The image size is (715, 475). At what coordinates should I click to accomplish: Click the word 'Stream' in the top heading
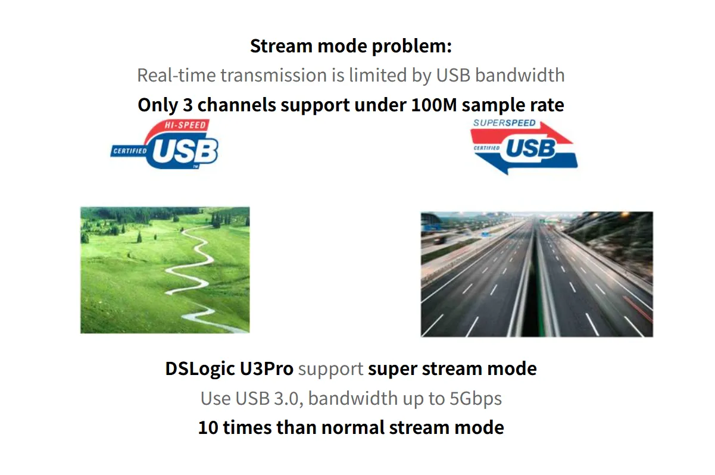[281, 46]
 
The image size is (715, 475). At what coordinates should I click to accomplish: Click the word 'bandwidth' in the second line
[520, 76]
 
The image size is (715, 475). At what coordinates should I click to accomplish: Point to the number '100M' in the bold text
[434, 105]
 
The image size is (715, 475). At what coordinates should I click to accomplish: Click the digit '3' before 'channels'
[188, 105]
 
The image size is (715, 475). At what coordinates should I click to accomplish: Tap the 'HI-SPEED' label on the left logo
[185, 125]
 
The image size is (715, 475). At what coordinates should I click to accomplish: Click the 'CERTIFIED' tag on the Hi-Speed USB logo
[130, 151]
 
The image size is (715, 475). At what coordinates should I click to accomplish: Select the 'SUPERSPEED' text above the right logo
[504, 123]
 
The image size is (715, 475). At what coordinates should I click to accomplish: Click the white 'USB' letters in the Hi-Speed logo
[185, 151]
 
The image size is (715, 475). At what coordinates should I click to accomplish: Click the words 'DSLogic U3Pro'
[229, 369]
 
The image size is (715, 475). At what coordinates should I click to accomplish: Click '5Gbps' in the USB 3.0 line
[476, 399]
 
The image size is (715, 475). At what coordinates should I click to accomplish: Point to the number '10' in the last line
[208, 428]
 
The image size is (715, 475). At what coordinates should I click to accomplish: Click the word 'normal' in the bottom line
[353, 428]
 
